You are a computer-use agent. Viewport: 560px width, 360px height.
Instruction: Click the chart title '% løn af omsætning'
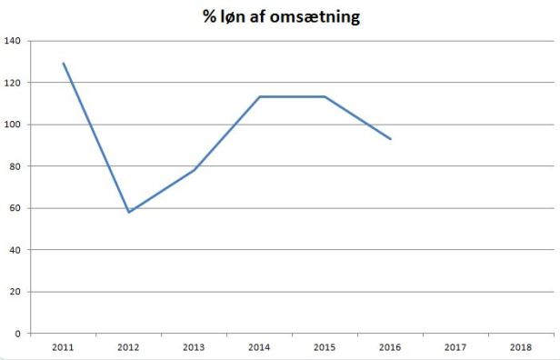(281, 16)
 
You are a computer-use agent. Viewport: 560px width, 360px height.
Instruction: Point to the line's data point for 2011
(64, 64)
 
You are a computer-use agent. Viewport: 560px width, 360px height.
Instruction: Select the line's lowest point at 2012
(129, 212)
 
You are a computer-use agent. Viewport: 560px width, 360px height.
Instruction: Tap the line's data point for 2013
(195, 170)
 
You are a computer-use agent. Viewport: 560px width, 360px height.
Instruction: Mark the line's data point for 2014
(259, 96)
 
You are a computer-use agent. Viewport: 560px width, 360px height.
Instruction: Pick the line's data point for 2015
(325, 96)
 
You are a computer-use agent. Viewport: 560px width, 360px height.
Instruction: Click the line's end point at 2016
(390, 139)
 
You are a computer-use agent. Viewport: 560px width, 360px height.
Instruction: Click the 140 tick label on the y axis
(13, 41)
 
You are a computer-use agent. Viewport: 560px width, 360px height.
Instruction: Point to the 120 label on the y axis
(13, 83)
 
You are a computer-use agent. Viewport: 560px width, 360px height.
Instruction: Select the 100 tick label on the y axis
(13, 125)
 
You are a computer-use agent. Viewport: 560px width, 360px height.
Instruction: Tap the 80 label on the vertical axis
(15, 166)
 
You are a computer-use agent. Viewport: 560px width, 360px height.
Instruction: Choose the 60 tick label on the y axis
(15, 208)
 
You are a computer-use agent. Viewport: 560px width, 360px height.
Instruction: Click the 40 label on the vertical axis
(15, 250)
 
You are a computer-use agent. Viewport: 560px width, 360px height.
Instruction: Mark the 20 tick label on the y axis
(15, 292)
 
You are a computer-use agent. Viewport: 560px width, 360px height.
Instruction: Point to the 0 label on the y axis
(18, 334)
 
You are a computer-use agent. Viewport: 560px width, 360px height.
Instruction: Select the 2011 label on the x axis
(64, 347)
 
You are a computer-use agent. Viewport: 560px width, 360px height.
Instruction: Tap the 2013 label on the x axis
(195, 347)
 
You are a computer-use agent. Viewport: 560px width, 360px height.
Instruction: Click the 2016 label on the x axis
(390, 347)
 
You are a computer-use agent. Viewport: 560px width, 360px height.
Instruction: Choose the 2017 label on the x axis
(455, 347)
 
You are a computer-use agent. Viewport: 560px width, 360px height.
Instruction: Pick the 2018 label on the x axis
(521, 347)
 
